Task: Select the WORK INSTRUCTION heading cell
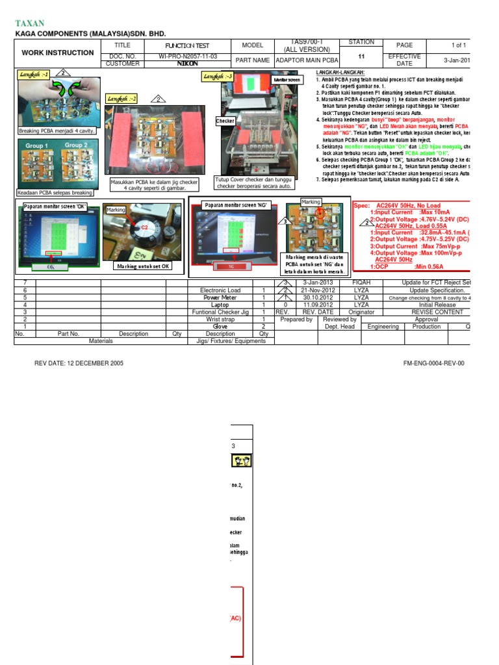(x=57, y=53)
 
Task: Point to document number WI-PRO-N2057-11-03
(x=188, y=56)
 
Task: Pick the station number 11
(x=361, y=56)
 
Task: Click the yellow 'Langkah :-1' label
(x=35, y=75)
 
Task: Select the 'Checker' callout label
(x=225, y=121)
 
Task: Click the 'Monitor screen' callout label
(x=287, y=79)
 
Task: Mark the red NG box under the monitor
(x=231, y=266)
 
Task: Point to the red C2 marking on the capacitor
(x=145, y=228)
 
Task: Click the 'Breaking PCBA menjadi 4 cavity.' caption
(x=57, y=131)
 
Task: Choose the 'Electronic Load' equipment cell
(x=220, y=290)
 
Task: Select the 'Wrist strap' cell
(x=220, y=319)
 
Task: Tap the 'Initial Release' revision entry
(x=437, y=305)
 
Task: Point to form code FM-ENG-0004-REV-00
(x=434, y=364)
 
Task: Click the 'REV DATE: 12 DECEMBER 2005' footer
(x=79, y=364)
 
